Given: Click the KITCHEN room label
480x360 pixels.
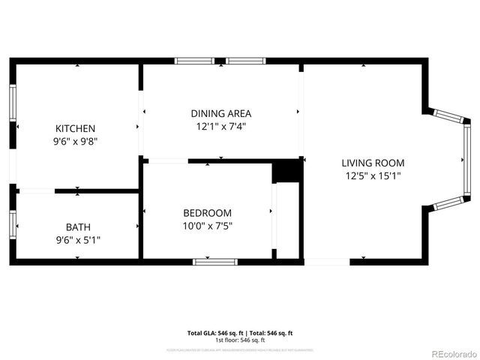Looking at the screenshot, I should (x=75, y=128).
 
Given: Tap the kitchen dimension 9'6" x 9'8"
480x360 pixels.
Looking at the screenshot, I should (x=75, y=140).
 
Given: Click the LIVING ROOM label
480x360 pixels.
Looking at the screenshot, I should (x=373, y=163).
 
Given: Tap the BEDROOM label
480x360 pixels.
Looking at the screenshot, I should (x=207, y=213).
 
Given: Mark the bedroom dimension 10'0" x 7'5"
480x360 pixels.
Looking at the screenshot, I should (x=207, y=226).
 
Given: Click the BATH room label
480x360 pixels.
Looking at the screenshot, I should (x=77, y=226).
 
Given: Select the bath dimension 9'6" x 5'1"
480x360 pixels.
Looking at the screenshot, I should (x=77, y=239).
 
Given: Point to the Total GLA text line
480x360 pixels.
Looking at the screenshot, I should (x=239, y=332).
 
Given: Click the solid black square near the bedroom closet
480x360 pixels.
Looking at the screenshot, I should (x=286, y=171).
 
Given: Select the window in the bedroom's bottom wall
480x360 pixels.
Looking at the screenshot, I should (x=215, y=261).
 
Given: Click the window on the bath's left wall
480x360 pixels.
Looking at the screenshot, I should (x=13, y=224).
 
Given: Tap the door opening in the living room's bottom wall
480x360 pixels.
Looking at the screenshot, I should (x=327, y=261).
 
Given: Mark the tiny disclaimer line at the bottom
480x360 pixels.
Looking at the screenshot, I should (x=239, y=349).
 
